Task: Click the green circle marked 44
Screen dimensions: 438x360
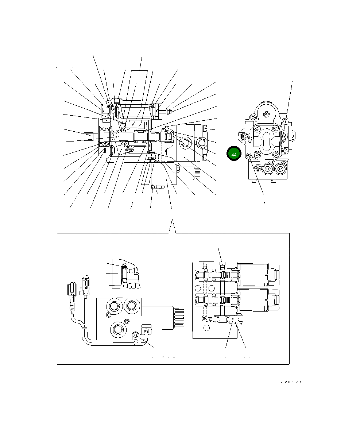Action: [234, 154]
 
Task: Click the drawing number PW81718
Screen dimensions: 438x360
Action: [293, 382]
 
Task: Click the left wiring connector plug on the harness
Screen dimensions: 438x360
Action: [71, 290]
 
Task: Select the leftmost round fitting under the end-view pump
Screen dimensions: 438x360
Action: [259, 168]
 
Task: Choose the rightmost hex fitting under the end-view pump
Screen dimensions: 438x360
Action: [280, 169]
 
